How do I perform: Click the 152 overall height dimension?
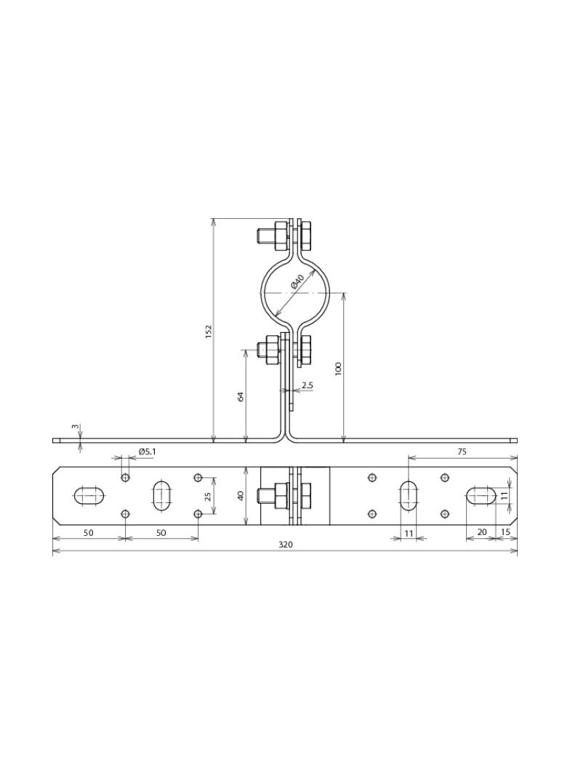coord(209,331)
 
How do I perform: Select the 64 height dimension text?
coord(241,395)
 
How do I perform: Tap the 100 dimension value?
coord(338,369)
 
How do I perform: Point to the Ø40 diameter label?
coord(297,281)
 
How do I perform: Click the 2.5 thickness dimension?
coord(308,385)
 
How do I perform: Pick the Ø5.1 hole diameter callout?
coord(147,451)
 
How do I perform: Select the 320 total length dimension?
coord(285,545)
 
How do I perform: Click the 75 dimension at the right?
coord(462,451)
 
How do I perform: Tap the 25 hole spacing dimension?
coord(207,496)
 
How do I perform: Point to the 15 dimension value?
coord(506,532)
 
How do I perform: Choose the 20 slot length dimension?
coord(481,532)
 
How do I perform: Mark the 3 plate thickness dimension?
coord(75,427)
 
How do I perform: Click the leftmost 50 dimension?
coord(88,533)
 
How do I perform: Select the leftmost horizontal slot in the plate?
coord(89,496)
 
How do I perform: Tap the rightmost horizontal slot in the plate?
coord(481,496)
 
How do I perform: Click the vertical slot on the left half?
coord(161,496)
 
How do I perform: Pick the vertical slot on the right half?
coord(408,496)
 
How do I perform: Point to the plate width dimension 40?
coord(241,496)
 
